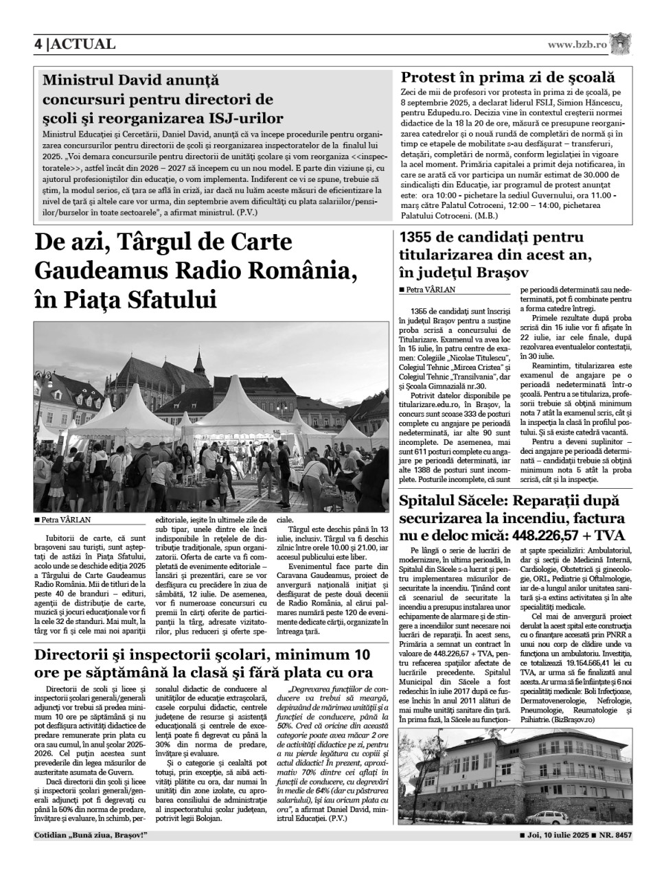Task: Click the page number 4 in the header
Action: pos(39,45)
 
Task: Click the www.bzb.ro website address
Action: pos(577,45)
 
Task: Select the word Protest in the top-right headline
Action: pos(431,78)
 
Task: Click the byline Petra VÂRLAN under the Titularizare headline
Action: pos(430,290)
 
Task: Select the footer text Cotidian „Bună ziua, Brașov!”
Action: pos(91,835)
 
